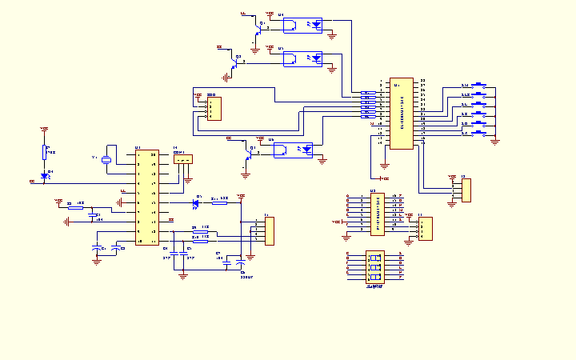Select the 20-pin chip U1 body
point(146,197)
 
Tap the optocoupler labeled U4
point(303,25)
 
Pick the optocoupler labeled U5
point(303,58)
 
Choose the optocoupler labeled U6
point(292,150)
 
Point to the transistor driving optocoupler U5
point(235,58)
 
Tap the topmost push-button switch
point(480,85)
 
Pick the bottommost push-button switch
point(480,133)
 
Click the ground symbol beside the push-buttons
point(495,141)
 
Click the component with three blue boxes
point(374,267)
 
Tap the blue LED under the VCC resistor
point(45,175)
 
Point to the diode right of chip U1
point(197,203)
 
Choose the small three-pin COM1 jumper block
point(183,159)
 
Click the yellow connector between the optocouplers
point(214,110)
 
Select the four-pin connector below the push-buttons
point(466,190)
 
